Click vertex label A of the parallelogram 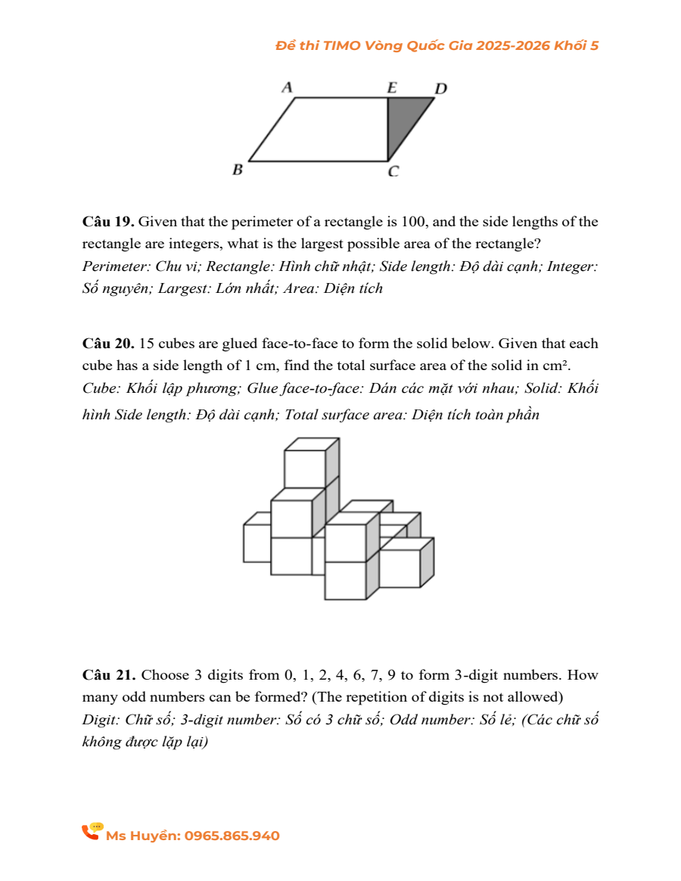click(x=287, y=87)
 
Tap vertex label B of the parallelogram click(x=237, y=170)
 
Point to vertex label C click(x=393, y=172)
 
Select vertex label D click(x=440, y=89)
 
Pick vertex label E click(x=392, y=87)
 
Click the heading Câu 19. click(x=108, y=223)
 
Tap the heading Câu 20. click(x=108, y=344)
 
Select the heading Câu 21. click(x=108, y=674)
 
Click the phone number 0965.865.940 click(x=232, y=836)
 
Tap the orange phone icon click(x=92, y=832)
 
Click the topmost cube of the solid click(x=306, y=467)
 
